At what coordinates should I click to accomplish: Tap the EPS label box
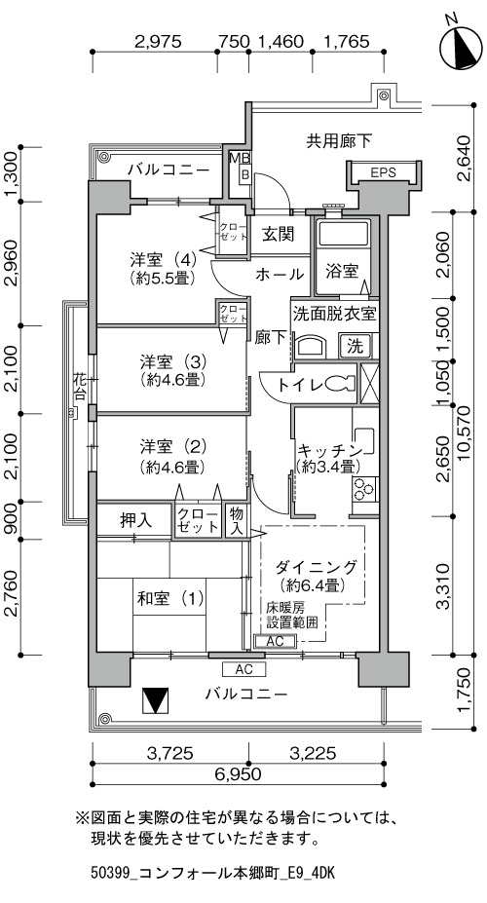tap(383, 171)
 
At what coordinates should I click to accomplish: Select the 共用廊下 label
tap(339, 140)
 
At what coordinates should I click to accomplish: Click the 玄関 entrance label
tap(279, 234)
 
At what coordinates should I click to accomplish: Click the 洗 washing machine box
tap(356, 347)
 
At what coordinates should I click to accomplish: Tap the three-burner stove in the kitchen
tap(363, 489)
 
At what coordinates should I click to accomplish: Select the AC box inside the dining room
tap(276, 641)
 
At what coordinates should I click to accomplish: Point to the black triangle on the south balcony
tap(156, 700)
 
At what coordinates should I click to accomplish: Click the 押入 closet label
tap(135, 520)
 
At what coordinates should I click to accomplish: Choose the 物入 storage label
tap(236, 520)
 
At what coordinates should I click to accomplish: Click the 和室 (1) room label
tap(169, 599)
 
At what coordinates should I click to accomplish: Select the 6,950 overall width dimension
tap(239, 773)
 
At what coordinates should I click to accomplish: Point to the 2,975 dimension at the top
tap(158, 42)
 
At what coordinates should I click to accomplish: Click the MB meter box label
tap(237, 157)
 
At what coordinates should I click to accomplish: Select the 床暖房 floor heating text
tap(285, 607)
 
